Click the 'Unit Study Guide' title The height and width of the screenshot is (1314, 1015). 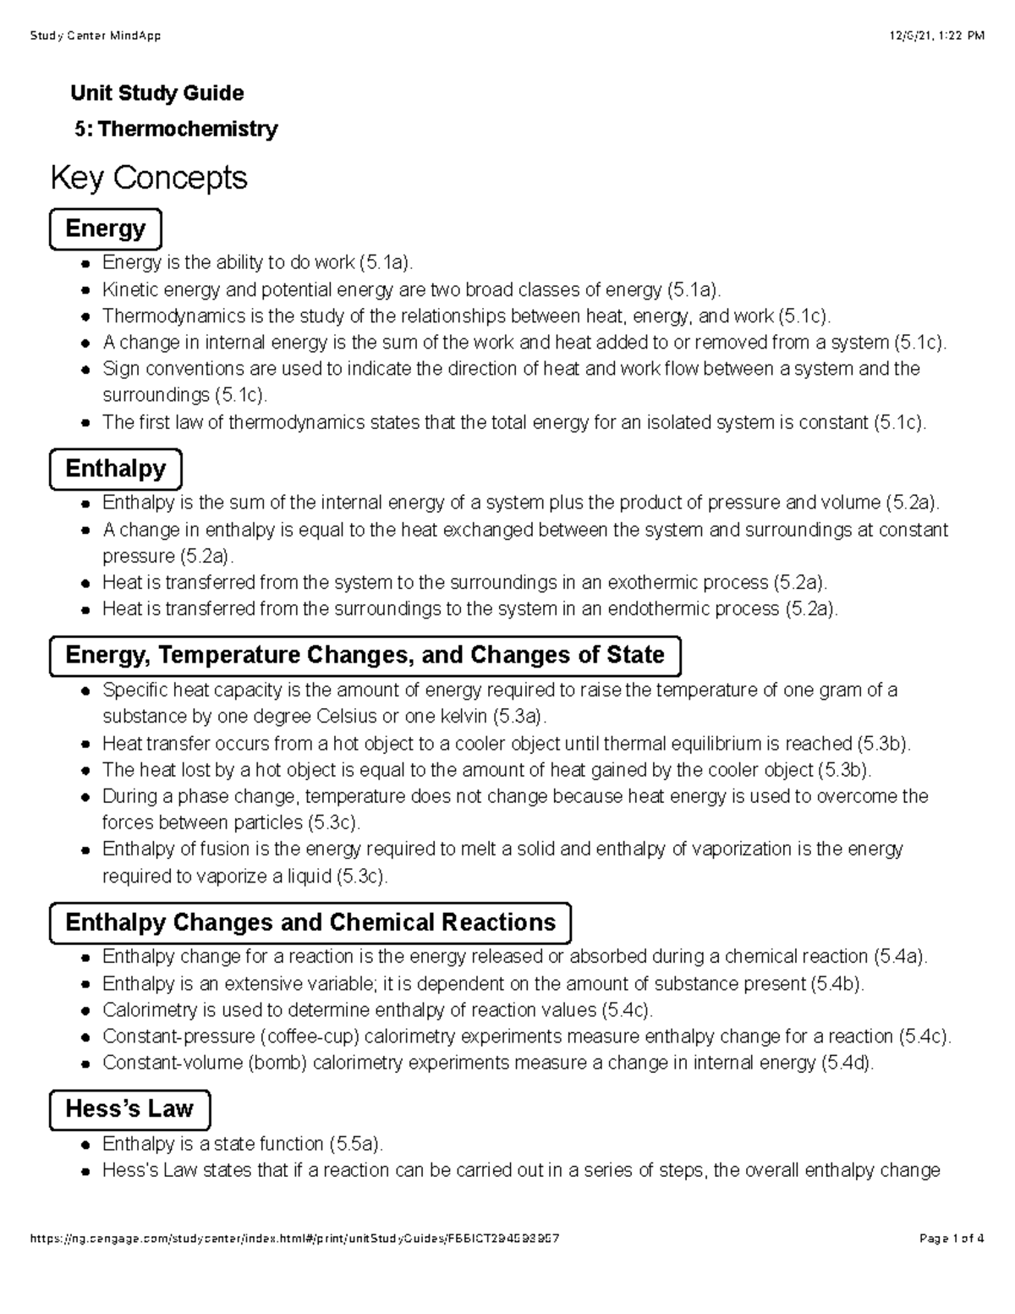(158, 93)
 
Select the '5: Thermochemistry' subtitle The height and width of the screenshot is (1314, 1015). (176, 129)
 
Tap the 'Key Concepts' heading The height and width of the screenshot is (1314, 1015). (149, 178)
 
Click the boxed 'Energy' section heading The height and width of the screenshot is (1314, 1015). (106, 228)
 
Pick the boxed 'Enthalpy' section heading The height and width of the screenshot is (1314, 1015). (116, 469)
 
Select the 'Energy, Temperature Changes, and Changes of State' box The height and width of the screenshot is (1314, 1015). (365, 656)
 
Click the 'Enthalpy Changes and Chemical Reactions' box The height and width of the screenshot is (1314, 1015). (310, 922)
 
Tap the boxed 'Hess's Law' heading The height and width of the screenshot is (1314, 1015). (129, 1109)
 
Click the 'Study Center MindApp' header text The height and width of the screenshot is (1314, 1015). (95, 36)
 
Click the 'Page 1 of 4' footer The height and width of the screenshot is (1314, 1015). (951, 1239)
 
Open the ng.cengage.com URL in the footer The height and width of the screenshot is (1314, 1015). (294, 1239)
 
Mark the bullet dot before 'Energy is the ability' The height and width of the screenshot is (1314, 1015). (85, 264)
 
